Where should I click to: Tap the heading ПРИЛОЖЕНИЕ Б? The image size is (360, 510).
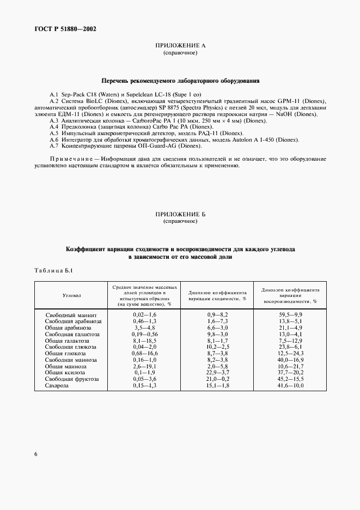180,215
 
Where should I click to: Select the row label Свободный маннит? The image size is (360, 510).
71,315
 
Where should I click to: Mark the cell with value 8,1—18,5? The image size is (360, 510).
144,340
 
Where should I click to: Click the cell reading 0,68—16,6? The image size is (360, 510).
144,354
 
